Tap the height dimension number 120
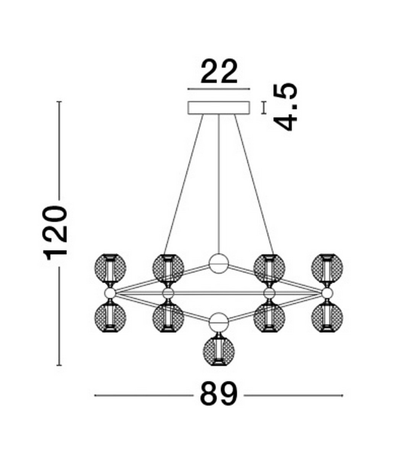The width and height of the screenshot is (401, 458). click(56, 233)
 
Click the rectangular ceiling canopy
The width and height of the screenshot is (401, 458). click(219, 107)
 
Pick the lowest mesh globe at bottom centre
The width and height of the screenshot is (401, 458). click(219, 351)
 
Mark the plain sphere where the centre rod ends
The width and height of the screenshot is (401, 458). click(219, 263)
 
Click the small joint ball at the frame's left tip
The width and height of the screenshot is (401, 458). click(110, 293)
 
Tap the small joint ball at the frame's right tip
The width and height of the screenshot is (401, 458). click(327, 293)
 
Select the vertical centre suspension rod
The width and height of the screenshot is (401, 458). click(219, 183)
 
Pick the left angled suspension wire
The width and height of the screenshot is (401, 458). click(183, 183)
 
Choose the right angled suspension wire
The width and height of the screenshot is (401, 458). click(254, 183)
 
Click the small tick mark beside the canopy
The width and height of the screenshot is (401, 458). click(263, 108)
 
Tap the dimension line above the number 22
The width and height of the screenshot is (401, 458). click(219, 89)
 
